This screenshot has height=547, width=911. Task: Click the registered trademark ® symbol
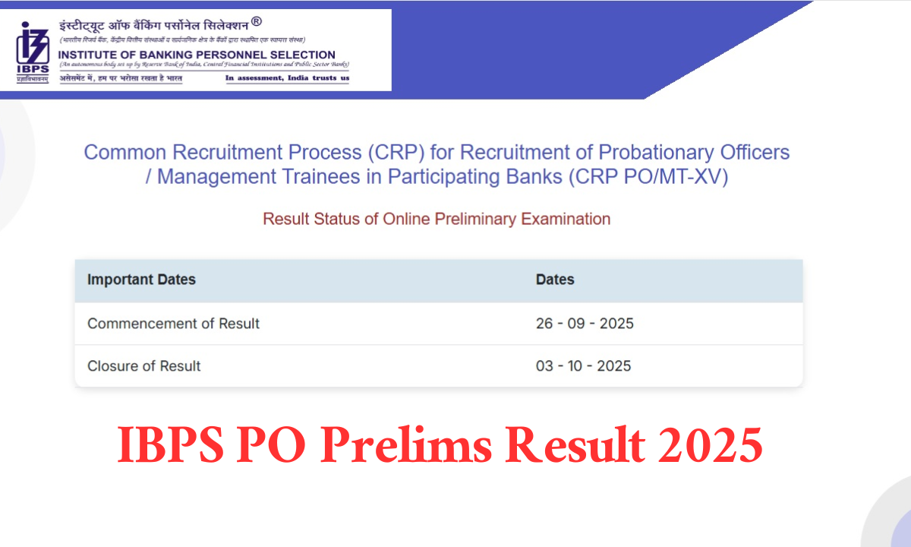click(256, 22)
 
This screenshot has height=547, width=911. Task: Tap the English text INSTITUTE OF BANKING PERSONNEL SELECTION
click(197, 55)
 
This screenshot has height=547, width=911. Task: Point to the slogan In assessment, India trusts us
click(287, 77)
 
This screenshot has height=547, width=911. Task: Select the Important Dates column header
click(141, 280)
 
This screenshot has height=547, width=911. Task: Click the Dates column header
click(555, 280)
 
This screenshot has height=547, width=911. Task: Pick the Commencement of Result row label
click(173, 324)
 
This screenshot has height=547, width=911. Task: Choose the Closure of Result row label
click(144, 366)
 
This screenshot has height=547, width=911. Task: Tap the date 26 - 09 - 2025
click(585, 324)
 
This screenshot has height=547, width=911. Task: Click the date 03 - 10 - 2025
click(583, 366)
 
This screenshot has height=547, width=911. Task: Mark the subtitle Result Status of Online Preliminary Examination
click(437, 219)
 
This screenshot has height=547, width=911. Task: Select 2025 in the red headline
click(710, 447)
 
